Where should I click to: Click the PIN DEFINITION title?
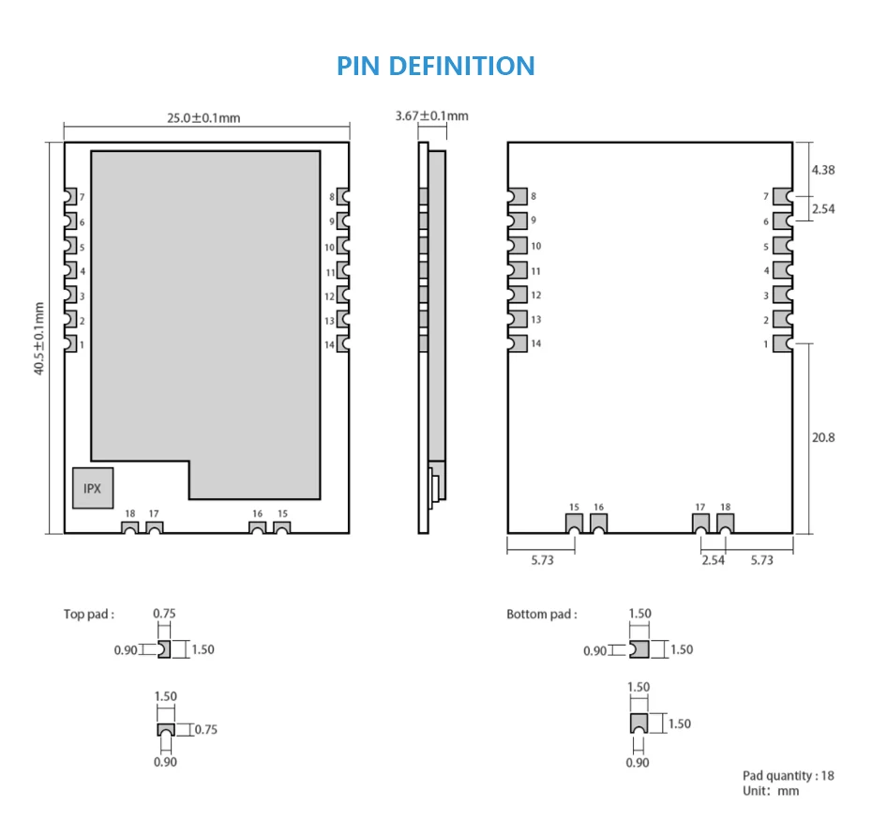(x=435, y=66)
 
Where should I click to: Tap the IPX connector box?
(x=93, y=488)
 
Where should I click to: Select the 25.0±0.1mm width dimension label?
(x=203, y=118)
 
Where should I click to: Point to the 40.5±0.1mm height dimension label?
(x=39, y=339)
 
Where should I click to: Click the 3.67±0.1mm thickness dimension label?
(x=431, y=115)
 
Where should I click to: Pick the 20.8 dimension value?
(x=823, y=437)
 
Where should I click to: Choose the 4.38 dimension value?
(x=823, y=170)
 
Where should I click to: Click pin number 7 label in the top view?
(x=82, y=197)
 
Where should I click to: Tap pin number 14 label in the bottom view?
(x=535, y=343)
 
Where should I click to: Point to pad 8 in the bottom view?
(x=518, y=196)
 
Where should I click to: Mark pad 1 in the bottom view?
(x=783, y=343)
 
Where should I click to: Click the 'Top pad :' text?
(x=89, y=614)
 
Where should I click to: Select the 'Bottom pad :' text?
(x=542, y=614)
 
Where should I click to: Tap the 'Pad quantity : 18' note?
(x=788, y=775)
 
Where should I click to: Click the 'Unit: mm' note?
(x=771, y=791)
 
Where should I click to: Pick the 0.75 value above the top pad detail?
(x=164, y=614)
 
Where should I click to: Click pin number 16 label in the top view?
(x=257, y=513)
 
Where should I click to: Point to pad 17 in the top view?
(x=154, y=527)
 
